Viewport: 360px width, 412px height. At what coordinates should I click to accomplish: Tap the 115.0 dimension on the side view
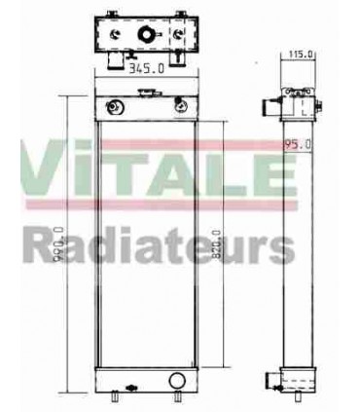point(302,56)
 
